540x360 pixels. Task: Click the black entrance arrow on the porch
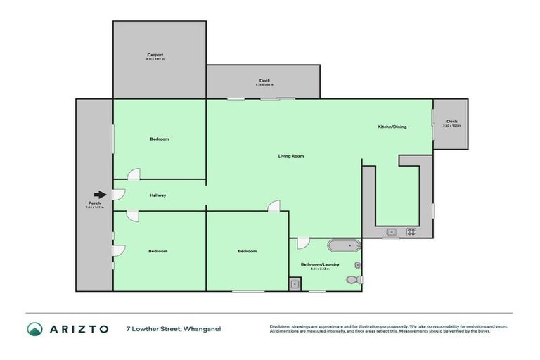point(100,195)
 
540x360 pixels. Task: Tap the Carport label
point(155,55)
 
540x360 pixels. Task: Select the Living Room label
point(290,155)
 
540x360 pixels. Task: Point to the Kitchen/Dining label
point(392,127)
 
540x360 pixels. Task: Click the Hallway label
point(157,195)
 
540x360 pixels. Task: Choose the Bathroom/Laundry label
point(320,264)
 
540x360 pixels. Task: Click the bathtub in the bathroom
point(344,246)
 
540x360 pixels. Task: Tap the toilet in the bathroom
point(354,280)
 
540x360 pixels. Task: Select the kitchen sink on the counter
point(392,231)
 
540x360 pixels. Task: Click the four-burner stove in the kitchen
point(411,231)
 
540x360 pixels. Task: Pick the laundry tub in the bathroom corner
point(295,284)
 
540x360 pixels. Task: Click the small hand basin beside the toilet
point(358,265)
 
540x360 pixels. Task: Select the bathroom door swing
point(302,243)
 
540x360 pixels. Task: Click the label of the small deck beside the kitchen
point(451,122)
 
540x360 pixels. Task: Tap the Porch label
point(94,203)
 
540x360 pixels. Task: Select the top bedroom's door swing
point(133,174)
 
